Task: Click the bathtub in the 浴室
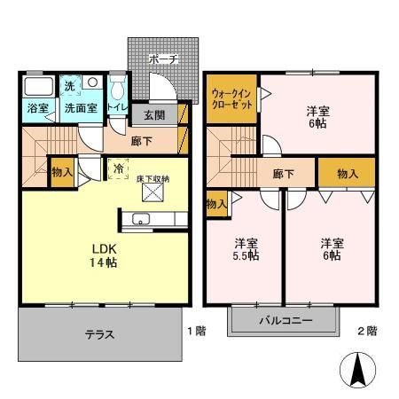click(x=37, y=88)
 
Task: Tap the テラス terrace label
click(x=99, y=334)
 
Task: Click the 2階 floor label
click(x=366, y=331)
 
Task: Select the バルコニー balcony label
click(x=285, y=321)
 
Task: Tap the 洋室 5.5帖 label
click(x=246, y=249)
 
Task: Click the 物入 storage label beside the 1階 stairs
click(x=61, y=170)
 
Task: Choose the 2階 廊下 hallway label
click(x=284, y=174)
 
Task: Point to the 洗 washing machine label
click(x=70, y=87)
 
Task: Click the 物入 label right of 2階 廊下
click(x=348, y=174)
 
